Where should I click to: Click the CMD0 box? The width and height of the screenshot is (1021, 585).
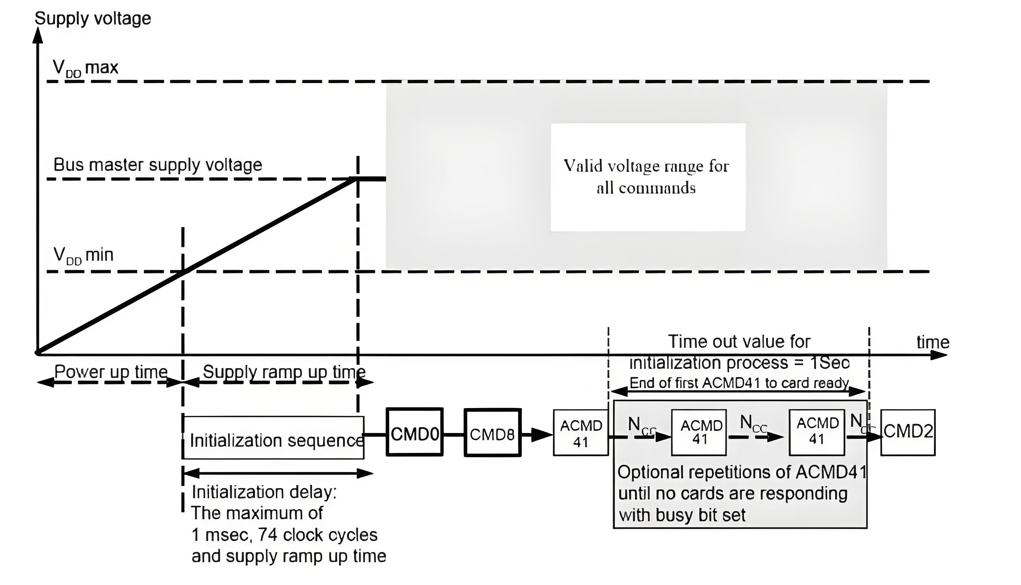414,432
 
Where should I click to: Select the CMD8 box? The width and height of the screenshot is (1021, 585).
492,433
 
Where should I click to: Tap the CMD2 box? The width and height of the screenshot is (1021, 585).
908,432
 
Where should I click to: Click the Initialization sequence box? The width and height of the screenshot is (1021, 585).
274,438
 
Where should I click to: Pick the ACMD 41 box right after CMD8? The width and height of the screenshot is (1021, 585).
581,433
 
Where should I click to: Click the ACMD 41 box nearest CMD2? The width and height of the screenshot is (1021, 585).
817,432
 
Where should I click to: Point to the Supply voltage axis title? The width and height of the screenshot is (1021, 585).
93,18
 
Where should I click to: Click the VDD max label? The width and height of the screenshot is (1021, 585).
86,68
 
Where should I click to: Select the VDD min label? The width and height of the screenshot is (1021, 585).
83,255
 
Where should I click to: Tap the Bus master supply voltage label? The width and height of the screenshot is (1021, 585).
157,165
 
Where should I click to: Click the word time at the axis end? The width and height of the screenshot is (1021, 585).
933,342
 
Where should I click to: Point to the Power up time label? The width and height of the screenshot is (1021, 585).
110,372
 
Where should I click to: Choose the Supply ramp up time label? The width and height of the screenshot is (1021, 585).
284,372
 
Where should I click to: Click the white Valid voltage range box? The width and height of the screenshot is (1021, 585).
648,177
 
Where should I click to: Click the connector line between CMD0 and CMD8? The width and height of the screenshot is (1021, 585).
454,434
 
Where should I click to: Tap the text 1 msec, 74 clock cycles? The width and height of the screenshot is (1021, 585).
284,535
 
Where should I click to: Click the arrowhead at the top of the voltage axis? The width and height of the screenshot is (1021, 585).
38,35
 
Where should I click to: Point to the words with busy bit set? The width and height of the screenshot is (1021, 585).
682,515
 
